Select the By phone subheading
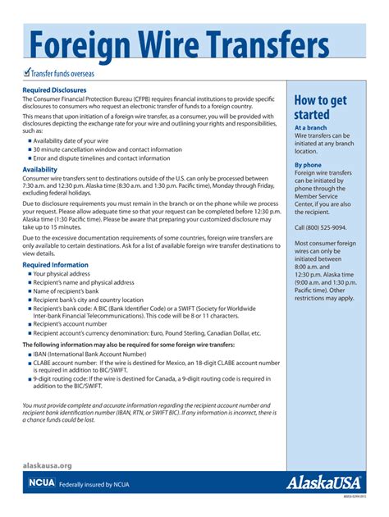point(309,165)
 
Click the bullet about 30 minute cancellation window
point(107,149)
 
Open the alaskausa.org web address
point(47,465)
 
